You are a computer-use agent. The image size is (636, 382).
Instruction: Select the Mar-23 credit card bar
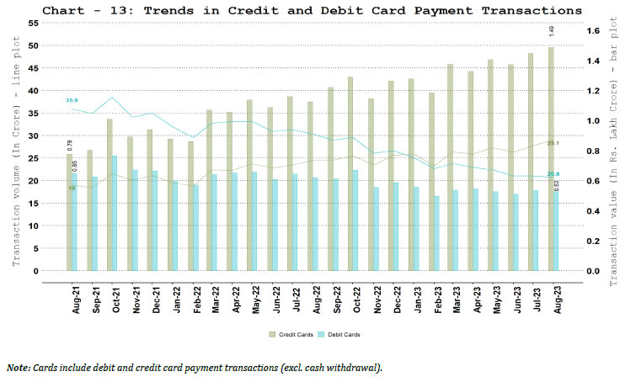pos(451,168)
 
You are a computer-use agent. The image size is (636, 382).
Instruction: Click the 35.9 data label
pos(72,100)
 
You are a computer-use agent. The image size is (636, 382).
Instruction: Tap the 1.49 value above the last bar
pos(551,31)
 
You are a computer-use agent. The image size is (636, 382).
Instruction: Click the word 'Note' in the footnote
pos(18,369)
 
